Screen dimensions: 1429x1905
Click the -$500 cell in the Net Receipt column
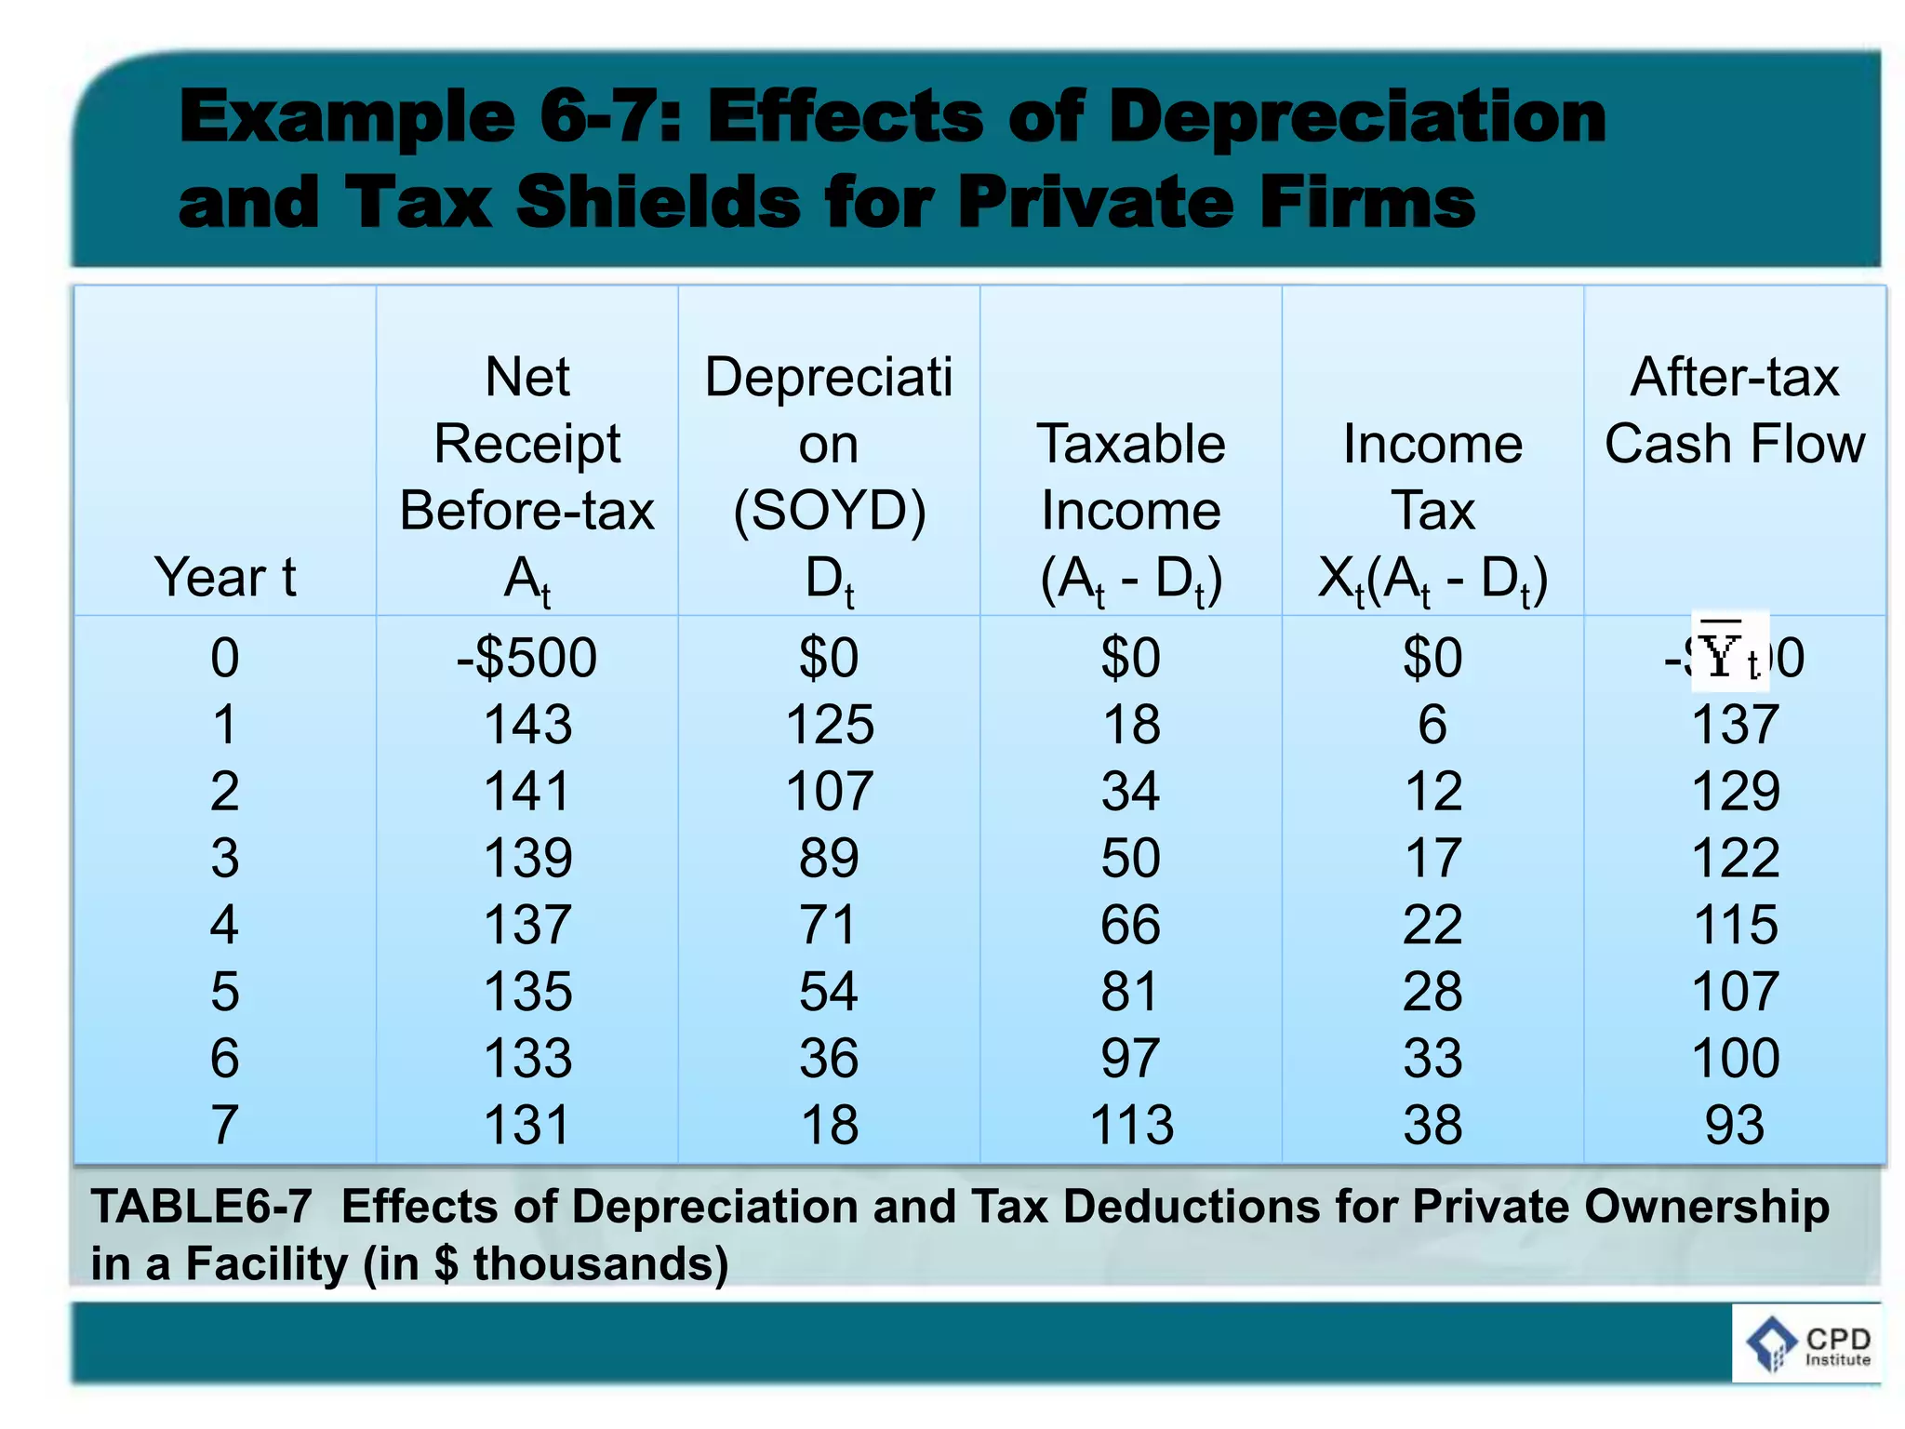click(x=526, y=658)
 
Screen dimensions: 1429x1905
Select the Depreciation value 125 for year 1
click(x=830, y=725)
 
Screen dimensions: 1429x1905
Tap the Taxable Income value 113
click(x=1131, y=1125)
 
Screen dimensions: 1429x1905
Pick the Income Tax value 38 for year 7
click(x=1432, y=1125)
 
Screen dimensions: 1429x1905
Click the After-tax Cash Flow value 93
click(x=1734, y=1125)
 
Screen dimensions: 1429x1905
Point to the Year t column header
click(x=225, y=577)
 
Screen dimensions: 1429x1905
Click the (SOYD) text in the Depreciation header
click(x=830, y=511)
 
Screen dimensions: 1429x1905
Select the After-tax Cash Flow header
click(x=1735, y=410)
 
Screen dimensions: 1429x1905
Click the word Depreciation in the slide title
click(x=1357, y=118)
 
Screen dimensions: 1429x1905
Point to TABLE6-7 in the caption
click(x=201, y=1207)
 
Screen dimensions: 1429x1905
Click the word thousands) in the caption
click(x=601, y=1264)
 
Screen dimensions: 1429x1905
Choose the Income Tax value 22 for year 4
click(x=1432, y=925)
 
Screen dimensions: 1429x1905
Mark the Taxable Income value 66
click(x=1131, y=925)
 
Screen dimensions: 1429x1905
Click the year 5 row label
click(x=225, y=992)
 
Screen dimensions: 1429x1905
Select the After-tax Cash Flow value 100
click(x=1735, y=1059)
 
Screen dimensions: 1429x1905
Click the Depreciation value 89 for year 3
click(x=830, y=858)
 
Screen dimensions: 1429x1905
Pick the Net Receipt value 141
click(x=526, y=792)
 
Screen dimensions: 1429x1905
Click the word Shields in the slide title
click(x=658, y=202)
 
